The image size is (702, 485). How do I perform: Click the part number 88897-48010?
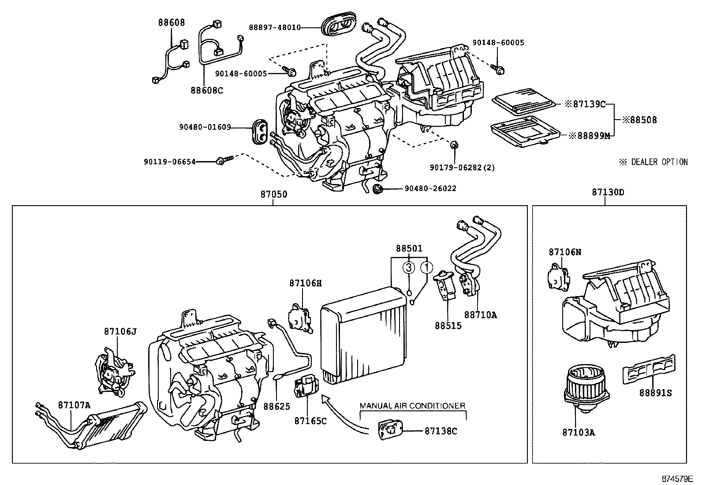point(275,27)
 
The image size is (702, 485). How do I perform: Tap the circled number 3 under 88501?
point(409,267)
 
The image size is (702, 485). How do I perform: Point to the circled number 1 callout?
point(426,267)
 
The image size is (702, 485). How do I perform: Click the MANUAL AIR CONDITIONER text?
point(412,406)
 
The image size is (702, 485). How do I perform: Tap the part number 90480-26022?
point(430,188)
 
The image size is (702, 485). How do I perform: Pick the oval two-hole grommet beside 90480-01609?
point(260,131)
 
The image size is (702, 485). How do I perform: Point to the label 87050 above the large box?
point(273,193)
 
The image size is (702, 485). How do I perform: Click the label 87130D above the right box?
point(608,192)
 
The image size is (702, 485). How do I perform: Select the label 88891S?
point(656,392)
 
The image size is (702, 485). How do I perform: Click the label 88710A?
point(480,315)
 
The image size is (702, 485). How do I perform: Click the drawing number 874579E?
point(677,478)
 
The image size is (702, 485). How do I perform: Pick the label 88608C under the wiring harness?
point(207,90)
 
